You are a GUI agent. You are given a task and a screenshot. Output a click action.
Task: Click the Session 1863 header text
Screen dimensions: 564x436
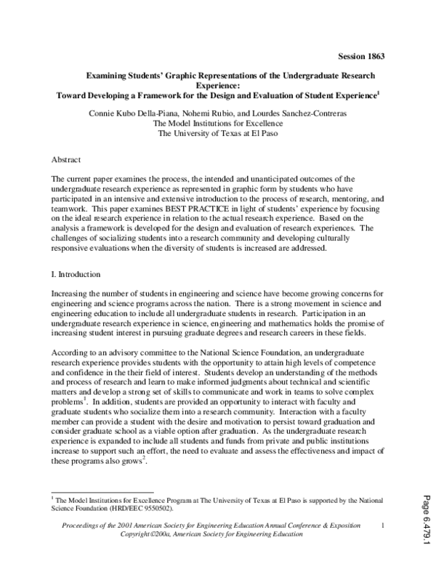pyautogui.click(x=360, y=56)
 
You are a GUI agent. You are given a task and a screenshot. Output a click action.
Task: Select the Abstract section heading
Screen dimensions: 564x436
pyautogui.click(x=68, y=158)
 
